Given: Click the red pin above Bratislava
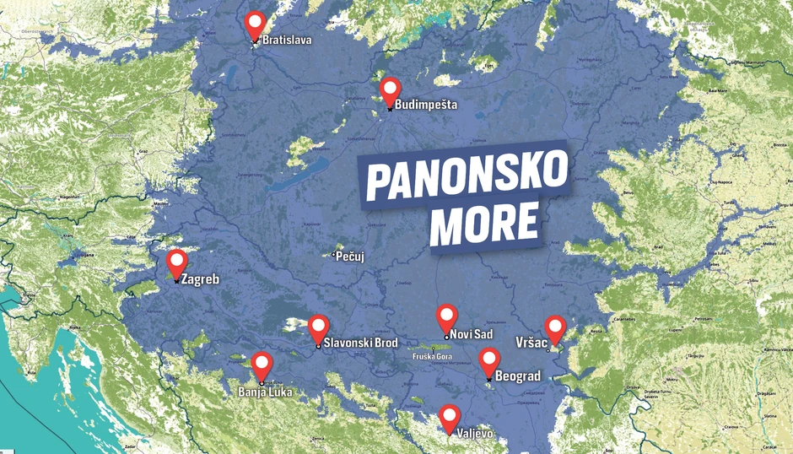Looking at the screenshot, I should tap(254, 24).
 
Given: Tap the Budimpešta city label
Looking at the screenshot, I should tap(426, 105).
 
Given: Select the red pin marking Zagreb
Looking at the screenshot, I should tap(176, 262).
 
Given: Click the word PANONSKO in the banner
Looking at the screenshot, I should tap(466, 175).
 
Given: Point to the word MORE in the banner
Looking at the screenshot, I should tap(485, 223).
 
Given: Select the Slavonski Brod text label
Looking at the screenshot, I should tap(360, 343).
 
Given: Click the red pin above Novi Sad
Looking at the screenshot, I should tap(447, 316).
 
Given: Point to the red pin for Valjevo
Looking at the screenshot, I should tap(450, 416).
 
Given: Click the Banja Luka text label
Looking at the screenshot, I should tap(265, 392).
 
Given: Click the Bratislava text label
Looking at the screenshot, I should tap(288, 40).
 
